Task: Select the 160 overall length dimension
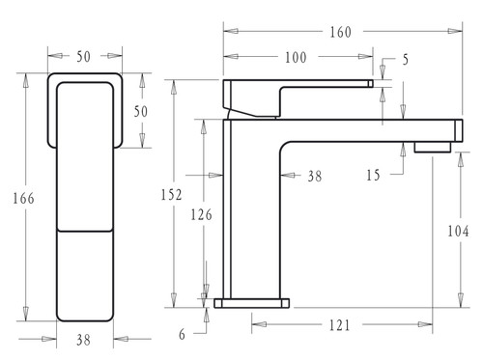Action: tap(339, 32)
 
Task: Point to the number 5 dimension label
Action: tap(405, 61)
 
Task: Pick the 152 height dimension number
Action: tap(171, 194)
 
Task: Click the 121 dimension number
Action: tap(339, 325)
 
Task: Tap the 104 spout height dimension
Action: tap(458, 232)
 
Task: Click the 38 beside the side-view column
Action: tap(313, 177)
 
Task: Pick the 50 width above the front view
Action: tap(84, 58)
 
